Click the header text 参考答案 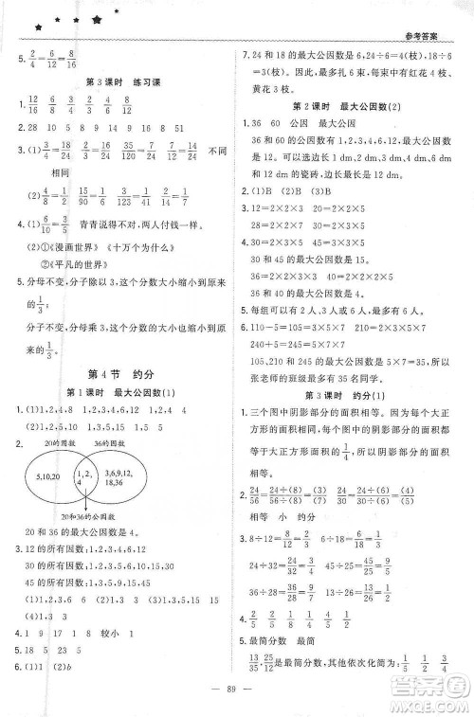(x=438, y=37)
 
